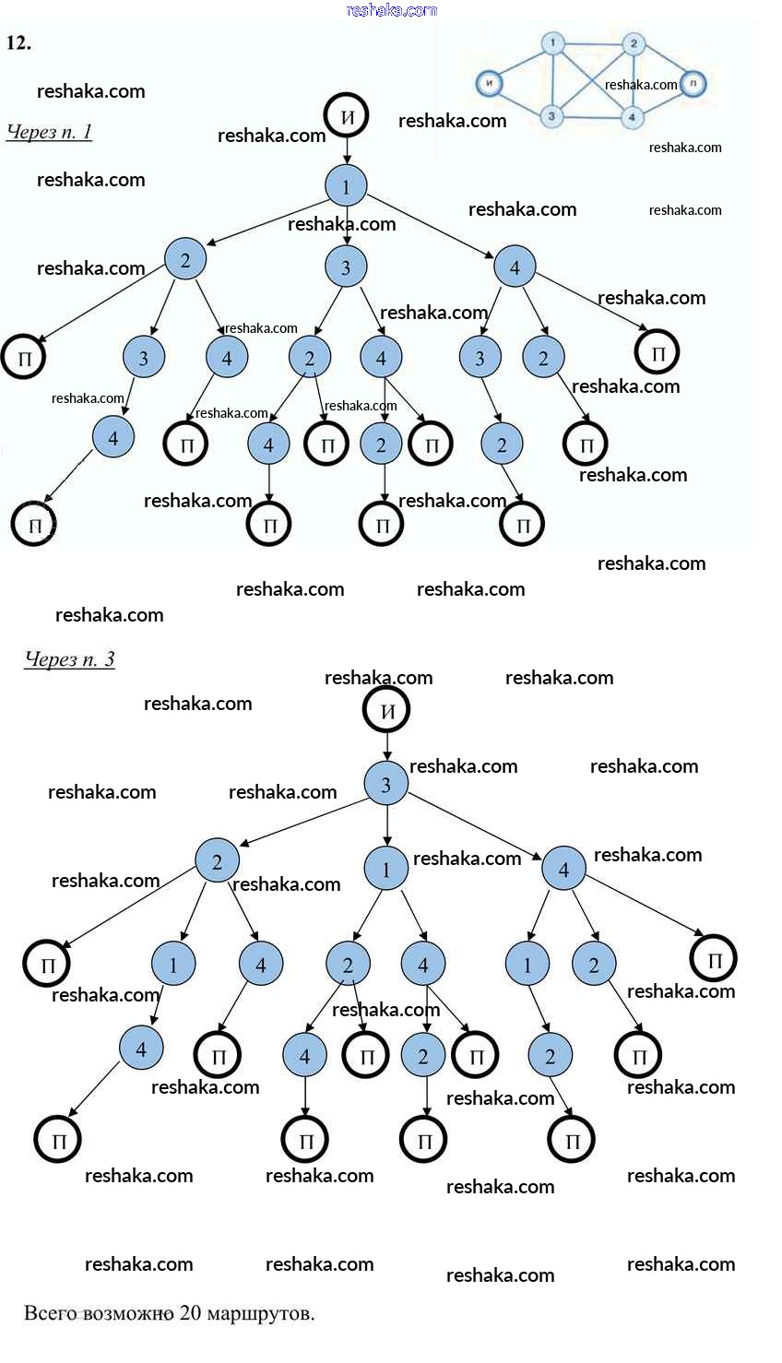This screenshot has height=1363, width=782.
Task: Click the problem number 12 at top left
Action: click(18, 42)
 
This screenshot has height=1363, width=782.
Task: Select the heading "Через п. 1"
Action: click(49, 132)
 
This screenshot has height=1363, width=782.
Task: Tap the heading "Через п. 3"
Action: click(69, 659)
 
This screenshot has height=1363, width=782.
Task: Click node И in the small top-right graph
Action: click(490, 84)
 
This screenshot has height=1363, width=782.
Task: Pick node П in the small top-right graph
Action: click(693, 84)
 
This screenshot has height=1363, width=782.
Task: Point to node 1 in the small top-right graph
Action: click(552, 42)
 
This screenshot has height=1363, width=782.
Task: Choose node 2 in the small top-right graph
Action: click(633, 43)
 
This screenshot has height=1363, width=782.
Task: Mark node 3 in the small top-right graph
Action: click(551, 116)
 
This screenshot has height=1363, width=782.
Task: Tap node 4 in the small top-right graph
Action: click(632, 117)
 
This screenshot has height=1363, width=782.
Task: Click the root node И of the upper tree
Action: click(347, 116)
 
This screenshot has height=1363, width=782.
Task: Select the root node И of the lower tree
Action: click(386, 711)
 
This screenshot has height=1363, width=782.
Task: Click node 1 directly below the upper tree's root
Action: click(346, 186)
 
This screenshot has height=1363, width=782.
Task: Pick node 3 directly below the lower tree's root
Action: click(386, 784)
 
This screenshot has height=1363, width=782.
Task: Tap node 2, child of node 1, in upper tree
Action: click(185, 260)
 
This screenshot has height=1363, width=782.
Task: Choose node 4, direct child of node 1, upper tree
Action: click(515, 267)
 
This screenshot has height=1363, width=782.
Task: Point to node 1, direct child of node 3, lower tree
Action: click(386, 869)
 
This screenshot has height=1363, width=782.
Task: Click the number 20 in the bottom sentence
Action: click(190, 1312)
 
